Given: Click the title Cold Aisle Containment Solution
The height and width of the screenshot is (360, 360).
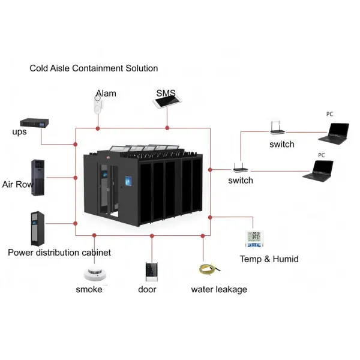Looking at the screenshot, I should tap(94, 68).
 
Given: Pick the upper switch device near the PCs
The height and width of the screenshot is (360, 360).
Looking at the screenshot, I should tap(278, 128).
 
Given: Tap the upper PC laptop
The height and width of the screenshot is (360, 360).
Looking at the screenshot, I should tap(333, 132).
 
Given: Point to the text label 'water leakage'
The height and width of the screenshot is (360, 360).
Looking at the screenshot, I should tap(219, 290).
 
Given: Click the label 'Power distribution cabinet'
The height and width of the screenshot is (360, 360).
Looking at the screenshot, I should tap(59, 253).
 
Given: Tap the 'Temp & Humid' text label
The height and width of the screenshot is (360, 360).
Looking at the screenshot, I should tap(269, 259).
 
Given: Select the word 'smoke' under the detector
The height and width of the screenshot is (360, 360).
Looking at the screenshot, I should tap(89, 290).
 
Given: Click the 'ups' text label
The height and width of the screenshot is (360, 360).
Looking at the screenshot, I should tap(19, 132).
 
